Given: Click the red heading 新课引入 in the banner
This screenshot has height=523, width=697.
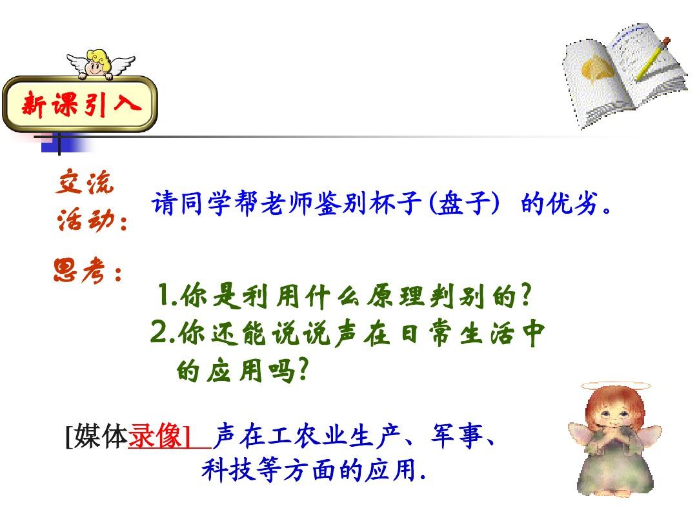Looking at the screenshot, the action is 81,104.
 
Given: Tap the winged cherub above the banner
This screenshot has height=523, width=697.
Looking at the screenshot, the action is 100,64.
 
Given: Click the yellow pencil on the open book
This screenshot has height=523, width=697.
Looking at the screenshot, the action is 652,59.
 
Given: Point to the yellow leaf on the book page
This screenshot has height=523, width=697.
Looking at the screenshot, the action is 597,69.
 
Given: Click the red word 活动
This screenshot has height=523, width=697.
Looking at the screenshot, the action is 86,220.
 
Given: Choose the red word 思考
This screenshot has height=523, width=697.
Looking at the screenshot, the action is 79,271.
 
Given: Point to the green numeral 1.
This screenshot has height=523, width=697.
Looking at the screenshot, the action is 164,295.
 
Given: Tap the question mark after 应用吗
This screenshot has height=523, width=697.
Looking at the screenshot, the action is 303,369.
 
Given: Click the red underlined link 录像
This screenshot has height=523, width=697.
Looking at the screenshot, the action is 155,436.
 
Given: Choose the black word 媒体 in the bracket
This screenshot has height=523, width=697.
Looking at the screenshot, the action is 101,436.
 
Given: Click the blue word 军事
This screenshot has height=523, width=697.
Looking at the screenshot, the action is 456,435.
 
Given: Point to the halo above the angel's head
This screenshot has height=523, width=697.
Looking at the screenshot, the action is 616,385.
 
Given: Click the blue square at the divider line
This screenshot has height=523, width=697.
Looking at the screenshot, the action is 51,145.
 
